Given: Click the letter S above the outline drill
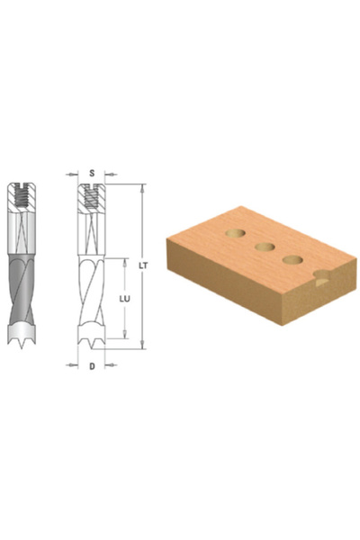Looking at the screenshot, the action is tap(92, 173).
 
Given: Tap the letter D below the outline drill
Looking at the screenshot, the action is tap(92, 366).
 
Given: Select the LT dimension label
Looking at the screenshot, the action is tap(143, 265).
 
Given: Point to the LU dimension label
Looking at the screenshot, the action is tap(125, 299).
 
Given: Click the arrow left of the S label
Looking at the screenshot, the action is tap(72, 175).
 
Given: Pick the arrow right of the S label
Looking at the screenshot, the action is tap(111, 175).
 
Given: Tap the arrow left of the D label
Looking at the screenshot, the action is tap(72, 364).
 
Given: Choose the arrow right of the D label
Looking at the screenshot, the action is tap(111, 364).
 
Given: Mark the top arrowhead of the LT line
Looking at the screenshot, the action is tap(142, 188).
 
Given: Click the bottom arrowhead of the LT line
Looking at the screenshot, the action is tap(142, 345).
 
